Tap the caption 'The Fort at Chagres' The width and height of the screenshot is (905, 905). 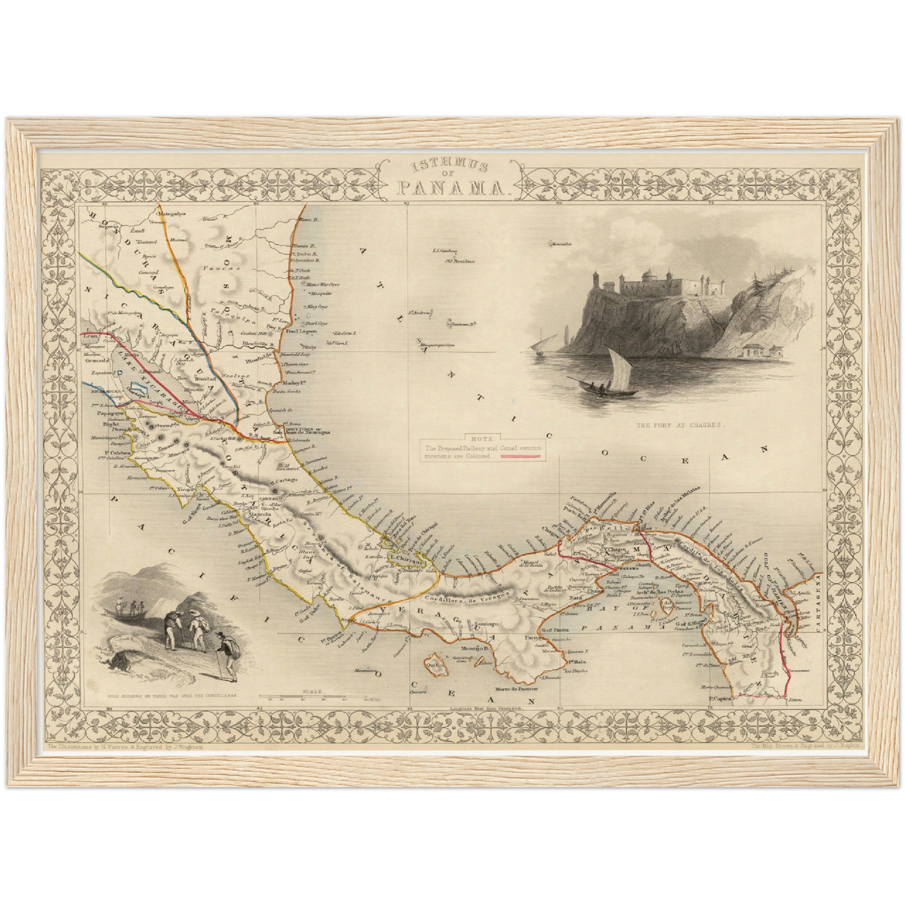click(x=680, y=425)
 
